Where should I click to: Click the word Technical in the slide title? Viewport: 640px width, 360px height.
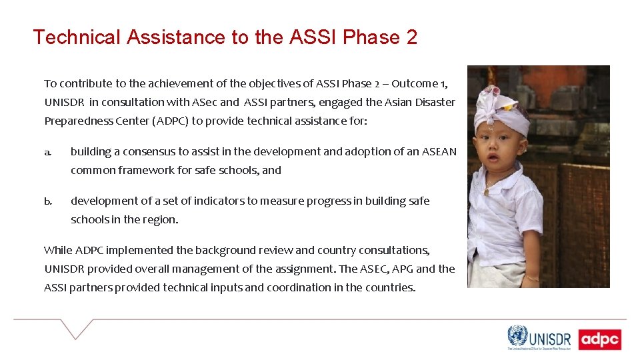click(x=76, y=37)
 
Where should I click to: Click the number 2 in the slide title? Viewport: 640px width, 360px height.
click(x=411, y=37)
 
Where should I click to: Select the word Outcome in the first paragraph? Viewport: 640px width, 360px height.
click(x=414, y=84)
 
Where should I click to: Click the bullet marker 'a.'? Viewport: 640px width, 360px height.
click(x=48, y=152)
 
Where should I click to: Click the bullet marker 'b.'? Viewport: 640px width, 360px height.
click(x=48, y=201)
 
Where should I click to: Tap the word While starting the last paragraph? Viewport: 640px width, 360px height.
click(x=58, y=251)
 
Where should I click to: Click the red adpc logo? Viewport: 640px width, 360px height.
click(x=599, y=339)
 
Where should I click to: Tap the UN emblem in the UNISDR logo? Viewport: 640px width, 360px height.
click(x=517, y=335)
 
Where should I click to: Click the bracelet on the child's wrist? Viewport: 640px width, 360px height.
click(x=531, y=277)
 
